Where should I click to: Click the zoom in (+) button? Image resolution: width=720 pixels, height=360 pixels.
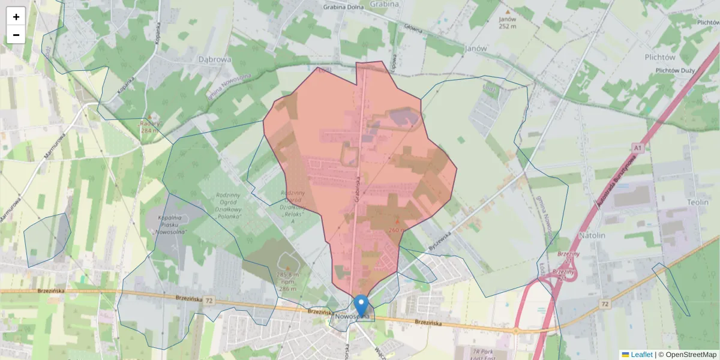(x=16, y=17)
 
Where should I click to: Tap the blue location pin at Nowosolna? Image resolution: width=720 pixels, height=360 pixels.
(x=361, y=304)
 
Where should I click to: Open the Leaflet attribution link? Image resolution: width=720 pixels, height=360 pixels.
(x=641, y=355)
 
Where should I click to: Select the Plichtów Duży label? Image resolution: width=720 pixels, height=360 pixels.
(x=675, y=71)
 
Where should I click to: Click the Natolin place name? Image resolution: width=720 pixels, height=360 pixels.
(x=592, y=235)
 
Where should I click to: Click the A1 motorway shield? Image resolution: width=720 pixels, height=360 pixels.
(x=637, y=147)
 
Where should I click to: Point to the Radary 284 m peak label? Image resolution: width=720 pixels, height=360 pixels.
(x=149, y=127)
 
